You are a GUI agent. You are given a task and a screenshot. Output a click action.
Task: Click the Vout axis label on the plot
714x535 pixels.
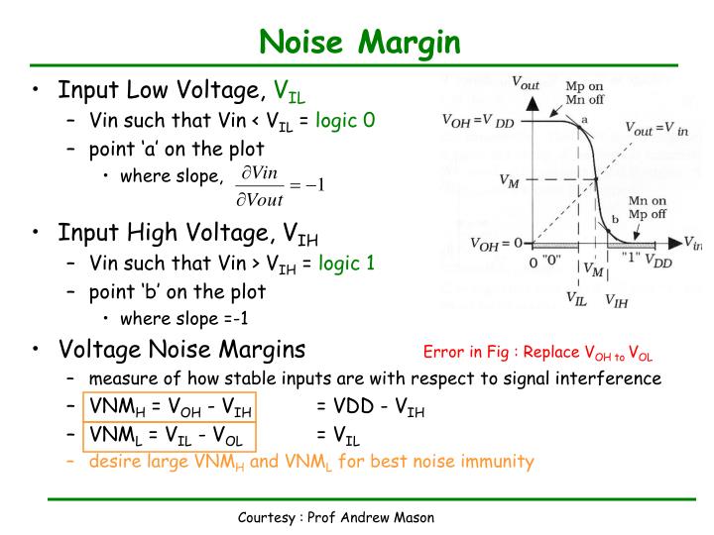tap(525, 84)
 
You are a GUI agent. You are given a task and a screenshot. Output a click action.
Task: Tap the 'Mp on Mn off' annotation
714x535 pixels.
tap(583, 92)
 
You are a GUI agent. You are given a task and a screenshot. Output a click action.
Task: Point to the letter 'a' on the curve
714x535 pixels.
tap(584, 119)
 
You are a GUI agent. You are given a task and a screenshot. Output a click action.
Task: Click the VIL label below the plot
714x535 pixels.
tap(576, 296)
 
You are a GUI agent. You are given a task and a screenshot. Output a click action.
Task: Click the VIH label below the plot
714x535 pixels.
tap(615, 300)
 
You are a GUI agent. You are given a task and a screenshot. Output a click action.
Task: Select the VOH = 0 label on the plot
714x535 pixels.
tap(496, 243)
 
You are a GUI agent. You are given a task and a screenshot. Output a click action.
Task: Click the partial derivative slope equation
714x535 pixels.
tap(282, 185)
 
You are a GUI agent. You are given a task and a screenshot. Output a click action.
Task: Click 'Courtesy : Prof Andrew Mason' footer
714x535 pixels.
tap(336, 518)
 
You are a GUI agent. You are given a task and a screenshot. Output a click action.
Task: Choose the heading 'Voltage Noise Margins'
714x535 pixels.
tap(182, 350)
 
